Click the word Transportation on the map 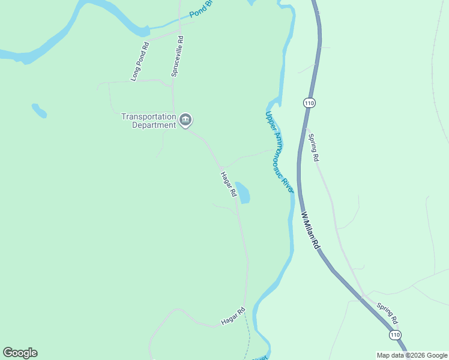pos(149,116)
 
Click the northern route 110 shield pos(309,103)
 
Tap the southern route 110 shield pos(394,334)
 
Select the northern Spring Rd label pos(313,147)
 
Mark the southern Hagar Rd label pos(233,316)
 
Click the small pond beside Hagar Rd pos(243,193)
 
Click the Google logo pos(20,353)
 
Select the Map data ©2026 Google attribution pos(412,355)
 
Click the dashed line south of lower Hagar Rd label pos(247,339)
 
